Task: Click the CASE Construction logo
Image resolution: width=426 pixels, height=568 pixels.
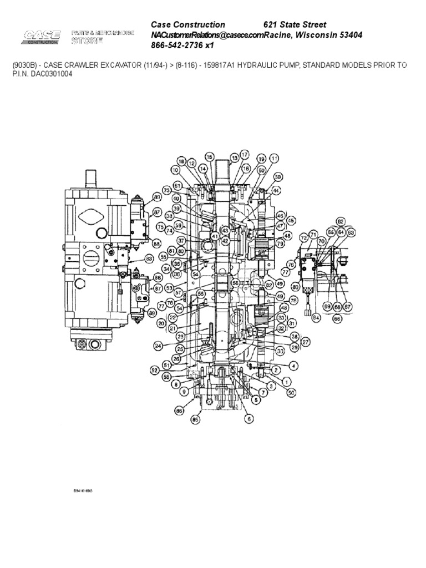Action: (42, 37)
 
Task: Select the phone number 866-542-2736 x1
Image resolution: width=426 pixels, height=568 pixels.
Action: (182, 45)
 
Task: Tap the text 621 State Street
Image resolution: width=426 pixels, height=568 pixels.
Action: (295, 24)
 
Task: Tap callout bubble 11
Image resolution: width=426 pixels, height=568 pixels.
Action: (274, 158)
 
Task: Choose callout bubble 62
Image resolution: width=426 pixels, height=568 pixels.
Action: (341, 221)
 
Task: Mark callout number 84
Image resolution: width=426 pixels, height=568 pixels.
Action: (316, 318)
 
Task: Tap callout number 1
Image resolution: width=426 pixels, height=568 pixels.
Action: (286, 381)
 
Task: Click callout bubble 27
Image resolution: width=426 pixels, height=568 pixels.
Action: (306, 341)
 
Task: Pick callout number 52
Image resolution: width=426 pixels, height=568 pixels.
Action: (155, 369)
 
